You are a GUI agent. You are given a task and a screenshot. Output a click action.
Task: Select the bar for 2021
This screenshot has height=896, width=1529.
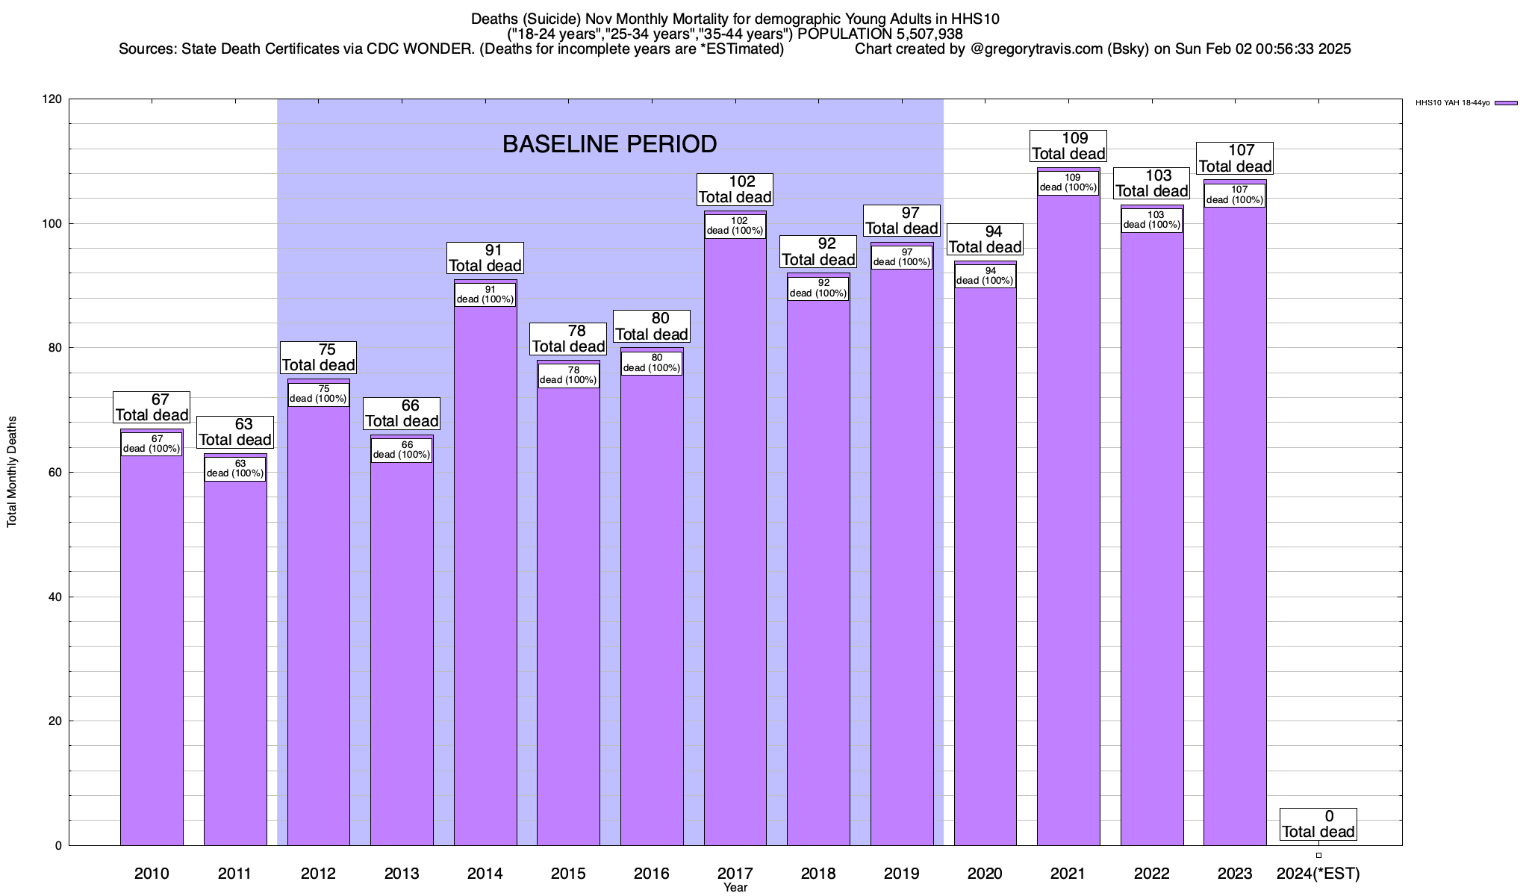1068,523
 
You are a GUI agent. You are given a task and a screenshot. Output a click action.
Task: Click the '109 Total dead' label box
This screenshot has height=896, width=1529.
1068,146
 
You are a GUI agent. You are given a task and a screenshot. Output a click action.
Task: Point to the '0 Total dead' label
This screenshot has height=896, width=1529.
1318,824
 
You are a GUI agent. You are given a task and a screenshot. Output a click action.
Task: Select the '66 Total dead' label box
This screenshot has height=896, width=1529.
402,414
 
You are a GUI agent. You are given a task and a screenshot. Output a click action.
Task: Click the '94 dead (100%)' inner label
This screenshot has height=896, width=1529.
985,276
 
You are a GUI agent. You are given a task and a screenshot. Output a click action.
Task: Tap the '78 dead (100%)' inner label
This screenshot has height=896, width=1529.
568,376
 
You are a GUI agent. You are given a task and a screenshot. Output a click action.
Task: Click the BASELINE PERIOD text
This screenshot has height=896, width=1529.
609,144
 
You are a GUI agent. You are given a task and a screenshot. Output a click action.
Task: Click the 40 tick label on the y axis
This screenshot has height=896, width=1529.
55,597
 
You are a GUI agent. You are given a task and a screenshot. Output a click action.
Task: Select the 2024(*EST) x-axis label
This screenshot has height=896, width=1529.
1318,874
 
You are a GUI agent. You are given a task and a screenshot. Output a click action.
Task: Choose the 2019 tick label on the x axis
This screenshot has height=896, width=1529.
901,874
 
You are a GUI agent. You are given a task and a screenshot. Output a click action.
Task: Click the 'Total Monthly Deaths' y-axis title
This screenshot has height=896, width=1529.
12,472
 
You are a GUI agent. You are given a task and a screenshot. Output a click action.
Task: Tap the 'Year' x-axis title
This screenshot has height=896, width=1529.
735,888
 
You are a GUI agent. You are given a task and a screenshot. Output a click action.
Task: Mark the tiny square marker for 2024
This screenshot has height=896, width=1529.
1318,856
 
